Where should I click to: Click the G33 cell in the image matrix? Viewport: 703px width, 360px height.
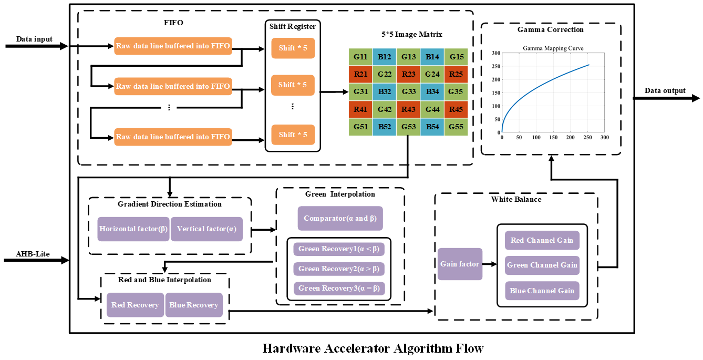(409, 92)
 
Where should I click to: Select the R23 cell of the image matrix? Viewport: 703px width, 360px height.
(409, 74)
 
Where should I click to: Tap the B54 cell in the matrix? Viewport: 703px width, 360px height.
(432, 127)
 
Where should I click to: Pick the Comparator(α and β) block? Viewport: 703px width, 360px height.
(340, 218)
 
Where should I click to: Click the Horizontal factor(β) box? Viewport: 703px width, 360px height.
(133, 229)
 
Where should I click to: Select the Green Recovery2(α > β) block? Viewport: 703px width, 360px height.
(339, 269)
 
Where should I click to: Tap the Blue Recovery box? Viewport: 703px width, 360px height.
(194, 305)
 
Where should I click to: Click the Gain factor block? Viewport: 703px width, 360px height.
(460, 264)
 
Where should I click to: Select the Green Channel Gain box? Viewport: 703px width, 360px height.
(542, 265)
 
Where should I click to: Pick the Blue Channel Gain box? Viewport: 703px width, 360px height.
(542, 291)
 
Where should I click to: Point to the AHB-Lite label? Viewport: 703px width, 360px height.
(33, 254)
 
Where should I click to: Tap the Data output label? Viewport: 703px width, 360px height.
(665, 90)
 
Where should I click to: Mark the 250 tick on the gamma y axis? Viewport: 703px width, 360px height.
(494, 67)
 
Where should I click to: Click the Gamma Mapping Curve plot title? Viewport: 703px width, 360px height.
(553, 48)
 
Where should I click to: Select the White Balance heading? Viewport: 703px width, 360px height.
(516, 200)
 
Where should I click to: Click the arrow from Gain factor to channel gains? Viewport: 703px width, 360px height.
(489, 264)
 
